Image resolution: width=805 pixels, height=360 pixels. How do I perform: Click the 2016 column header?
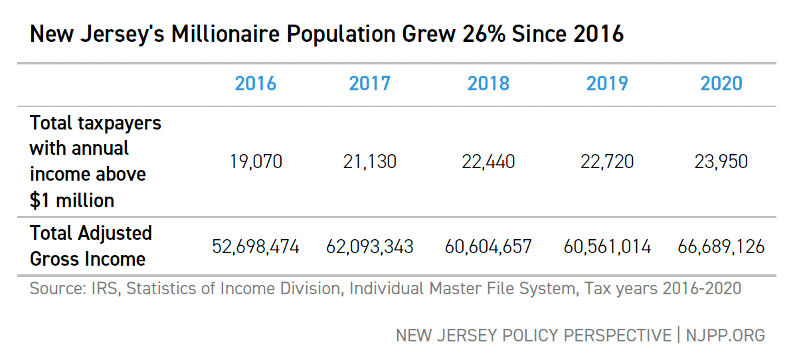tap(256, 84)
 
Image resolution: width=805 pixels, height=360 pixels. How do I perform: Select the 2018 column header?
tap(488, 84)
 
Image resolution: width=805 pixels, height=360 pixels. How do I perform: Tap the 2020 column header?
tap(721, 84)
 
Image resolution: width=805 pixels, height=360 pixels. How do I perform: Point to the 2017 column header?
tap(370, 84)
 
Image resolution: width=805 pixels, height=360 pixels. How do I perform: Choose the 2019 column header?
tap(607, 84)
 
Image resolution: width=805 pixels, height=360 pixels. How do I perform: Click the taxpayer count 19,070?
tap(256, 161)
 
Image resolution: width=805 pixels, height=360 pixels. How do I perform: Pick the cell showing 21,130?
tap(370, 161)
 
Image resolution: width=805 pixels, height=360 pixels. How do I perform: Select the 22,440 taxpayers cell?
tap(488, 161)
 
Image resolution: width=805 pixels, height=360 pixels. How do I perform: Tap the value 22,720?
tap(607, 161)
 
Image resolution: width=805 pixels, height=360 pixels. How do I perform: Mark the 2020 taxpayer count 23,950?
tap(721, 161)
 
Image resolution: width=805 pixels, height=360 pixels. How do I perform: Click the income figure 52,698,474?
tap(256, 247)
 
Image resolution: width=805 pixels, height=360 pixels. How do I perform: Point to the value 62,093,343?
tap(370, 247)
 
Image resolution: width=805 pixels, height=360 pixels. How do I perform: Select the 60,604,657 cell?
tap(488, 247)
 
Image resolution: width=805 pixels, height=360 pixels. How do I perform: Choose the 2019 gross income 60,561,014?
tap(607, 247)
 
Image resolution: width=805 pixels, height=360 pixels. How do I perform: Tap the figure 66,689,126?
tap(721, 247)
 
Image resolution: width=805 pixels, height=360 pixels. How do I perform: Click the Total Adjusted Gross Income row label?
tap(91, 246)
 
